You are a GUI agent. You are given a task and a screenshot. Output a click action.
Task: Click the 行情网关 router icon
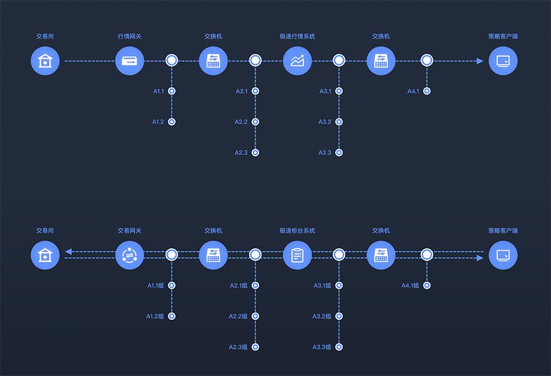click(x=130, y=61)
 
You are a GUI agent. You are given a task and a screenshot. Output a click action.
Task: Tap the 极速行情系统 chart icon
click(x=297, y=61)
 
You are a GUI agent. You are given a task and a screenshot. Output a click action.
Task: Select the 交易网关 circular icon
click(x=130, y=255)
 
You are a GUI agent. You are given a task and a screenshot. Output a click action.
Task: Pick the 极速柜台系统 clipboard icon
click(x=297, y=255)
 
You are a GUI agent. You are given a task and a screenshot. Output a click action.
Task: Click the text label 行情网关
click(x=130, y=36)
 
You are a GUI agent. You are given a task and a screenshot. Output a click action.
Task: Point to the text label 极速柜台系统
click(x=297, y=231)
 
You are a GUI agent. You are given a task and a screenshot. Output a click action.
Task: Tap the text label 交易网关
click(x=130, y=231)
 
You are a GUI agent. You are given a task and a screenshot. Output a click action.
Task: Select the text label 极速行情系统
click(x=297, y=36)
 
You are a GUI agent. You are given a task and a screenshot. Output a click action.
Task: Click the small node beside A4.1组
click(x=427, y=286)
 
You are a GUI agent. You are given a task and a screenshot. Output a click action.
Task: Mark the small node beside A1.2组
click(x=172, y=316)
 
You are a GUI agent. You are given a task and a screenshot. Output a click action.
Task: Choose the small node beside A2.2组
click(x=255, y=316)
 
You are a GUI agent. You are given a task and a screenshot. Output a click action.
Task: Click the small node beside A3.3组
click(x=339, y=347)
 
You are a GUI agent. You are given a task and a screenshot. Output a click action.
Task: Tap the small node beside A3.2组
click(x=339, y=316)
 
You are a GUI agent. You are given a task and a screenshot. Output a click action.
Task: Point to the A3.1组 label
click(x=322, y=286)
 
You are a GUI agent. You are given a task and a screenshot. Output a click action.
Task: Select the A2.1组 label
click(x=238, y=286)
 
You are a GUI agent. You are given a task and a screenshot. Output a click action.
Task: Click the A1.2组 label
click(x=155, y=316)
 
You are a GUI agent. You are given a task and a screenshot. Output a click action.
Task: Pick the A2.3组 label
click(x=238, y=347)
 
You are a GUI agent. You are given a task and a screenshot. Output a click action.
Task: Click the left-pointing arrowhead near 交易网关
click(x=68, y=251)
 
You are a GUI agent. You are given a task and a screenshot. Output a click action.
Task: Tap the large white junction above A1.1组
click(x=172, y=255)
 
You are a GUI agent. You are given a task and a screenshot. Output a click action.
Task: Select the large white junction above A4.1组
click(x=427, y=255)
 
